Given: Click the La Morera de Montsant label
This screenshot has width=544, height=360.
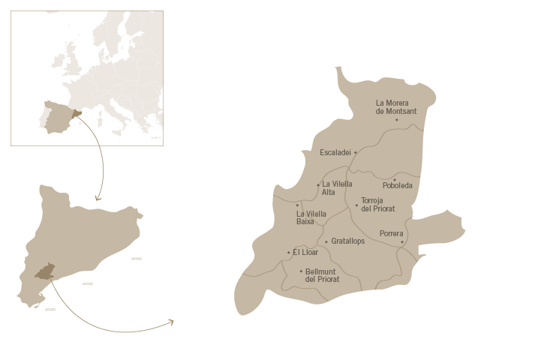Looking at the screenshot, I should coord(396,107).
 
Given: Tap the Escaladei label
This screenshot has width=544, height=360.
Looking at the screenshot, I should coord(335,152).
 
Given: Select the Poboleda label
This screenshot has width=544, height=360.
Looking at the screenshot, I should coord(398,186).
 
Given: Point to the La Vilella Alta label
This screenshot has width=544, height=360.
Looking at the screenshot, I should coord(337,188).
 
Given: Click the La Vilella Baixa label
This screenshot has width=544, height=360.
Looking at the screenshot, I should coord(311,218).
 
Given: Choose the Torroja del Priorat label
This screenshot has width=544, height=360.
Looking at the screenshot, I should coord(378,205).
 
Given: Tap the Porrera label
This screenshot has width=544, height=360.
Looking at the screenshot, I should coord(391,234).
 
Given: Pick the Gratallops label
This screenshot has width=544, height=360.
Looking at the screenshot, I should coord(348,241).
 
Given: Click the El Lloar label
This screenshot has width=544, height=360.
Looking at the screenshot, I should coord(306,253).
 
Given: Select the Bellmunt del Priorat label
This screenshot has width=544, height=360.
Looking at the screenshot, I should coord(323,275).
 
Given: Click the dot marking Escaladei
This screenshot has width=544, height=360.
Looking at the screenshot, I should coord(356,152).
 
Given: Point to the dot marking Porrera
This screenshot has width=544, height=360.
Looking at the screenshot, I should coord(402,242).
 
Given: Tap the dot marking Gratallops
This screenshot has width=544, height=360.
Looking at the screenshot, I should coord(326,241).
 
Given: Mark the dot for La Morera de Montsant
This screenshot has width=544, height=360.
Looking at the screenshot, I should coord(397,120).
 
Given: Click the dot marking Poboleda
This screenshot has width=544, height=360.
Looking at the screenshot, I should coord(395,179).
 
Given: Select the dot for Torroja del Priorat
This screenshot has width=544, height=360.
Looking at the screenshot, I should coord(356,205).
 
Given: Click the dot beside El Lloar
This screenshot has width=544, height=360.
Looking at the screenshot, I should coord(289,253).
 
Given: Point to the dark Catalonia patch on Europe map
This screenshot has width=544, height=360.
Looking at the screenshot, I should coord(76,115).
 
